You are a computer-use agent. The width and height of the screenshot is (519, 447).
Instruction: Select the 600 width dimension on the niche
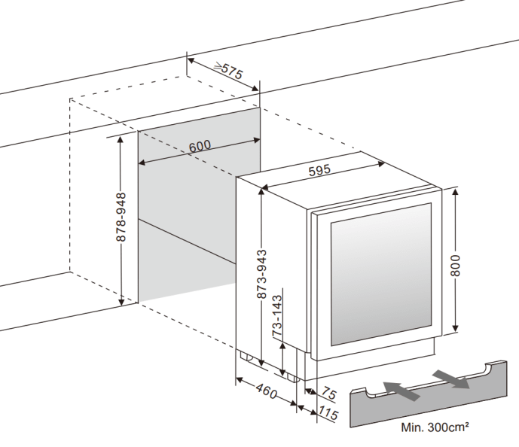point(200,146)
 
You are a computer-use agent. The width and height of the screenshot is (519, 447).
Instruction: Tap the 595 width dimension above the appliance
point(319,171)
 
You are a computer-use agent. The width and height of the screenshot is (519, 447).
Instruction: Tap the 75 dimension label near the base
point(329,393)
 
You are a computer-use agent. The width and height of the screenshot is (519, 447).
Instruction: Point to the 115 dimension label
point(328,413)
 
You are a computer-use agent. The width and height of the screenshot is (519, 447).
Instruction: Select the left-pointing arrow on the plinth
point(400,389)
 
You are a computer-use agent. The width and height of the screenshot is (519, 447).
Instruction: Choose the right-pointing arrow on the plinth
point(451,378)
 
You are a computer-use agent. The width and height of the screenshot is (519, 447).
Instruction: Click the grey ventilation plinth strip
point(426,399)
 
